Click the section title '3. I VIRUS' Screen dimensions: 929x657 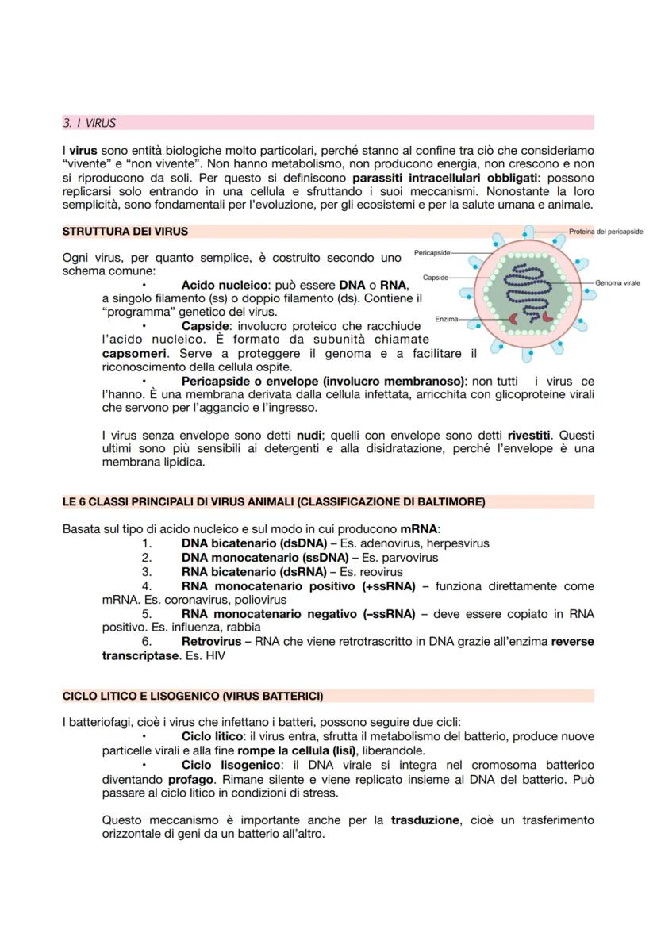pos(89,123)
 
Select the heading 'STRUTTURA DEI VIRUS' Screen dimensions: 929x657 pos(125,232)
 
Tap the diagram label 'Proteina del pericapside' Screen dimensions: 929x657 pos(605,231)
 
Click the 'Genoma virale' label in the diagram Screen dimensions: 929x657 pos(617,282)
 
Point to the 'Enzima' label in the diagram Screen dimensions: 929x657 pos(446,319)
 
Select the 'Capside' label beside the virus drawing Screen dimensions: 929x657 pos(436,278)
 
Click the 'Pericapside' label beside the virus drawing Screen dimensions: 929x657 pos(432,252)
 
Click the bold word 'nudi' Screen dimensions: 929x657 pos(309,436)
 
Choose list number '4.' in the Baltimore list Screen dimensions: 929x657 pos(146,586)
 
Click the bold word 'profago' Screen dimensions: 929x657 pos(190,780)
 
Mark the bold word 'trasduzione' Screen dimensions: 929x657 pos(425,820)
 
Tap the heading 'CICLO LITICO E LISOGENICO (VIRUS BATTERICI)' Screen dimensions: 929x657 pos(192,696)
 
